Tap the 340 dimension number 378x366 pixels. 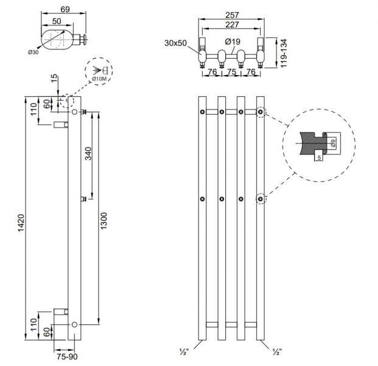tap(89, 154)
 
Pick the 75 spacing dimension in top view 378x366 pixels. tap(231, 71)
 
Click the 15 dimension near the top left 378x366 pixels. tap(55, 79)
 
